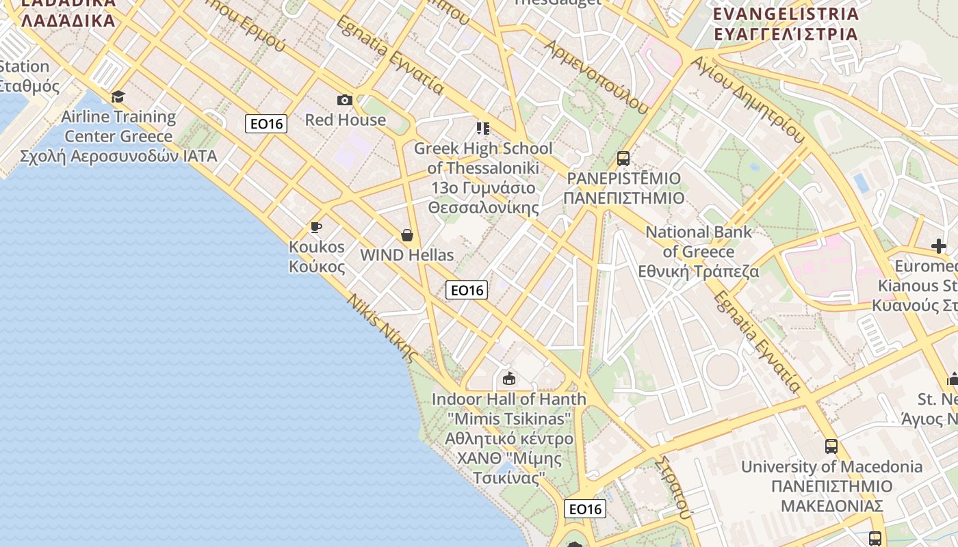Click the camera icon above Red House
point(345,101)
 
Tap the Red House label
point(345,120)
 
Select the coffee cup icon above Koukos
point(315,227)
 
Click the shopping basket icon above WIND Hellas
point(407,236)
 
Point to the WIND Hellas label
point(406,255)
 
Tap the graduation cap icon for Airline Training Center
point(118,96)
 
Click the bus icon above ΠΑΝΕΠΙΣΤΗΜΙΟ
point(623,159)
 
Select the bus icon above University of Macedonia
point(831,446)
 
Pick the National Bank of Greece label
point(699,252)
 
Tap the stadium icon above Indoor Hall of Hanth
point(508,378)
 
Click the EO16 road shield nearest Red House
point(266,124)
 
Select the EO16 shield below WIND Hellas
point(467,290)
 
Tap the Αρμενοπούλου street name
point(596,76)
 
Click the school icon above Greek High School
point(483,128)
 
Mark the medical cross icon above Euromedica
point(939,246)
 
